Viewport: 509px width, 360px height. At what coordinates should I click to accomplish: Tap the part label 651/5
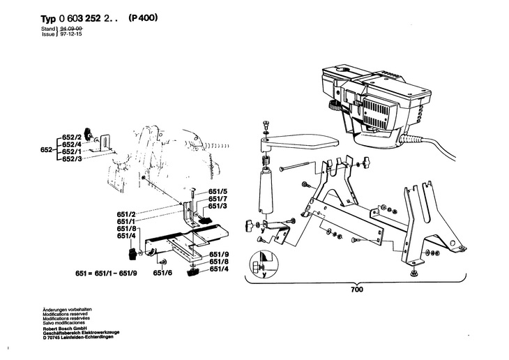(219, 190)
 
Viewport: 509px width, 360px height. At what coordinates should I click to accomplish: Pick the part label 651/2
(126, 212)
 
